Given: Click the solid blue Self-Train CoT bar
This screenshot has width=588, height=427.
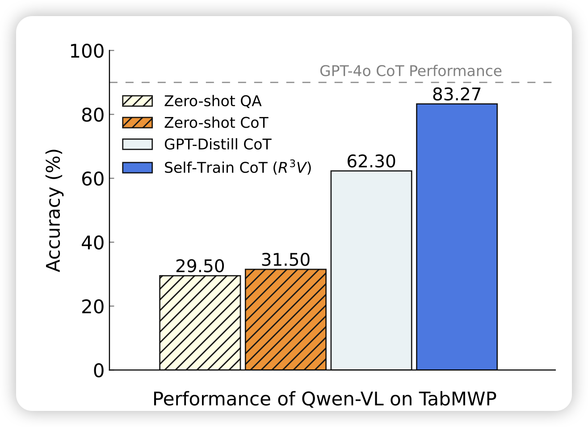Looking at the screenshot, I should [457, 237].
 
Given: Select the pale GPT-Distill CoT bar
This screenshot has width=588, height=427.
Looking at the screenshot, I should [371, 270].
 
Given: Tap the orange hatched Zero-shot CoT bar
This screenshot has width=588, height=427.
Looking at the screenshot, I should [286, 319].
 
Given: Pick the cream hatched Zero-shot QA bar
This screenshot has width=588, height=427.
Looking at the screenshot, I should [200, 322].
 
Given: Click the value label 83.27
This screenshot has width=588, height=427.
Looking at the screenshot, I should [457, 95].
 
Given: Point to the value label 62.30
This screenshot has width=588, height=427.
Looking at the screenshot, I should [371, 161].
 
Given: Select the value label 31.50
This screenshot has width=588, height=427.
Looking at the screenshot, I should [286, 260].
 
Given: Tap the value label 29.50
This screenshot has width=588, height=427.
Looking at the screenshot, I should [200, 266].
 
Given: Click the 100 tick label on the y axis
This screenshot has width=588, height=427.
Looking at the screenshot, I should [87, 51].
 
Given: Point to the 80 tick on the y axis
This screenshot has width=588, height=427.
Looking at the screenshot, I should [92, 115].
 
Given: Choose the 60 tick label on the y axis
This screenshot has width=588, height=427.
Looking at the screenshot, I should [92, 179].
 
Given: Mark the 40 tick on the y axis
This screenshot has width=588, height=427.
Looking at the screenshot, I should [92, 243].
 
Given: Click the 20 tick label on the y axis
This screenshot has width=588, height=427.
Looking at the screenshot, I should [92, 306].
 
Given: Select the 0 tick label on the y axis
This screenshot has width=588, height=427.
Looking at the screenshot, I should [98, 370].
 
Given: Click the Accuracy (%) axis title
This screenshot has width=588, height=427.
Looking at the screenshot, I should [54, 210].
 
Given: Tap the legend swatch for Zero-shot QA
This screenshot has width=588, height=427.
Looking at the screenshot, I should [138, 101].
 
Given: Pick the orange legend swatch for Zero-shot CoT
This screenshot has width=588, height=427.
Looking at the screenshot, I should [138, 122].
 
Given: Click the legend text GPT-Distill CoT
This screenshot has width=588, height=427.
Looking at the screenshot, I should [218, 144].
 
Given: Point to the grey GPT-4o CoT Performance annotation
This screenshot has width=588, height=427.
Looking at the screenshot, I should [411, 71].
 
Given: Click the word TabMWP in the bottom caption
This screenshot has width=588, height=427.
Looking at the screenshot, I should [457, 399].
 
